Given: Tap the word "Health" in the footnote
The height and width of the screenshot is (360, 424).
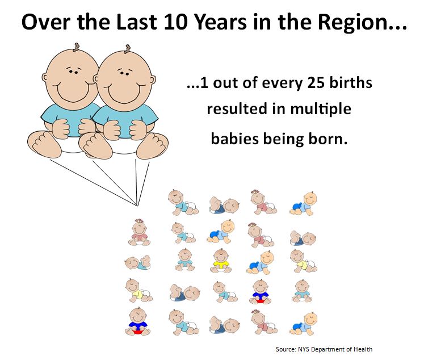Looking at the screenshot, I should (x=363, y=348).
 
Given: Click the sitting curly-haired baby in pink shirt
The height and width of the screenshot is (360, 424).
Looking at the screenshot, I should (x=139, y=233).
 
